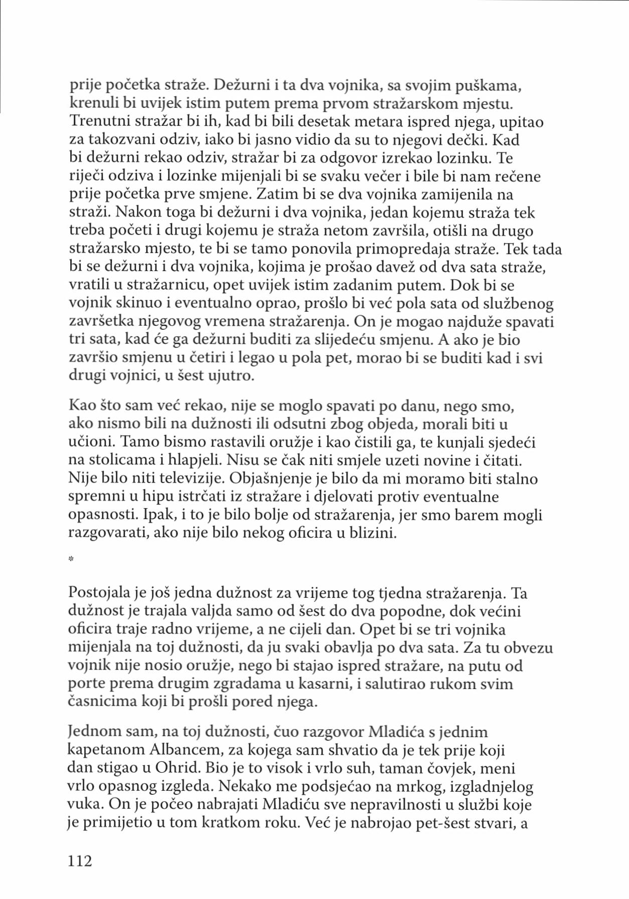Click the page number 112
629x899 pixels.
(x=80, y=860)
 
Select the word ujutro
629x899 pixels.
(x=231, y=375)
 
